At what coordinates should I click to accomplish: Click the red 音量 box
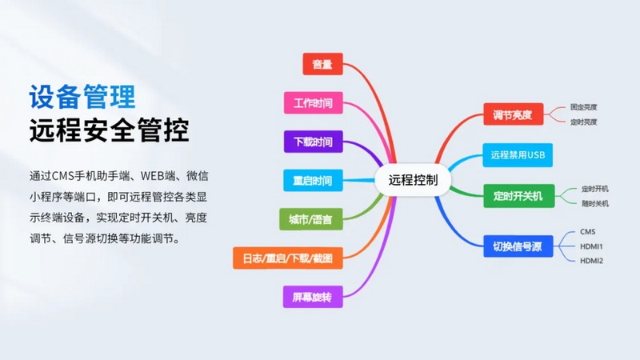pyautogui.click(x=322, y=64)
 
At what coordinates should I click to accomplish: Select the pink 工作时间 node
pyautogui.click(x=313, y=103)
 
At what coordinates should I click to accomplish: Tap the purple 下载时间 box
pyautogui.click(x=313, y=142)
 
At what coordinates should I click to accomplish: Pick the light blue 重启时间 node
pyautogui.click(x=313, y=181)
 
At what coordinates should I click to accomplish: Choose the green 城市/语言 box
pyautogui.click(x=310, y=219)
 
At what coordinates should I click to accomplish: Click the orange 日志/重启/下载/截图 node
pyautogui.click(x=288, y=258)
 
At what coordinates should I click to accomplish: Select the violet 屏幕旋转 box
pyautogui.click(x=313, y=297)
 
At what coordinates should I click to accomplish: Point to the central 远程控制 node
pyautogui.click(x=413, y=180)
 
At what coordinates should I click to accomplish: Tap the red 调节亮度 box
pyautogui.click(x=513, y=114)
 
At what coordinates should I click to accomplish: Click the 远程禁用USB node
pyautogui.click(x=518, y=155)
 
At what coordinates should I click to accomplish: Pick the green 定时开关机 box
pyautogui.click(x=518, y=196)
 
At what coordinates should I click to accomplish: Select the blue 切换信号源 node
pyautogui.click(x=518, y=246)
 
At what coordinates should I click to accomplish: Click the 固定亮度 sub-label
pyautogui.click(x=584, y=107)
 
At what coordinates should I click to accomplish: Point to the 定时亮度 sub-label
pyautogui.click(x=584, y=122)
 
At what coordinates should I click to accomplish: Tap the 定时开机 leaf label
pyautogui.click(x=595, y=189)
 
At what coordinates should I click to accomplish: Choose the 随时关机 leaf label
pyautogui.click(x=595, y=203)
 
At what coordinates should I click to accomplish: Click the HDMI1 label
pyautogui.click(x=591, y=246)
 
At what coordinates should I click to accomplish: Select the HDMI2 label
pyautogui.click(x=591, y=261)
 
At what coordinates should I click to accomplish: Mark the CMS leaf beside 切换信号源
pyautogui.click(x=588, y=232)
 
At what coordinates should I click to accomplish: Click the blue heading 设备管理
pyautogui.click(x=82, y=97)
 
